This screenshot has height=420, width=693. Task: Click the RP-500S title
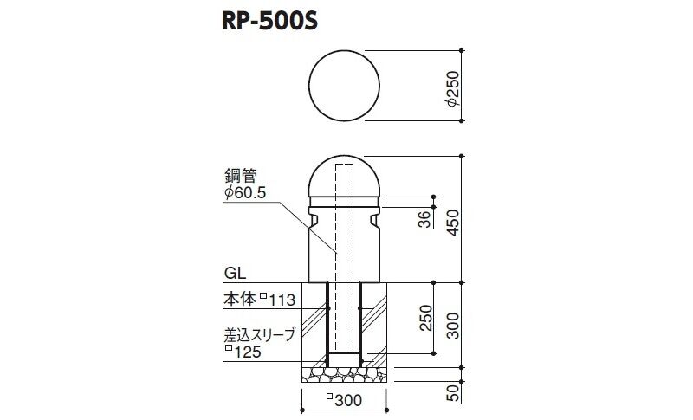tap(269, 21)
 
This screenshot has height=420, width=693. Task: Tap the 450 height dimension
tap(453, 223)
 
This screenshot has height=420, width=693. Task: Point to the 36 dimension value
tap(424, 219)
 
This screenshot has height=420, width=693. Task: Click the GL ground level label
tap(235, 273)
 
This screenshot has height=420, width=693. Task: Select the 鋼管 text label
tap(241, 176)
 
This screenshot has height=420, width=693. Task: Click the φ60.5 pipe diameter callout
tap(245, 193)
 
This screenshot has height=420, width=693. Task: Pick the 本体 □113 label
tap(259, 300)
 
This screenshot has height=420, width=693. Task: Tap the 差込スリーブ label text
tap(259, 335)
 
